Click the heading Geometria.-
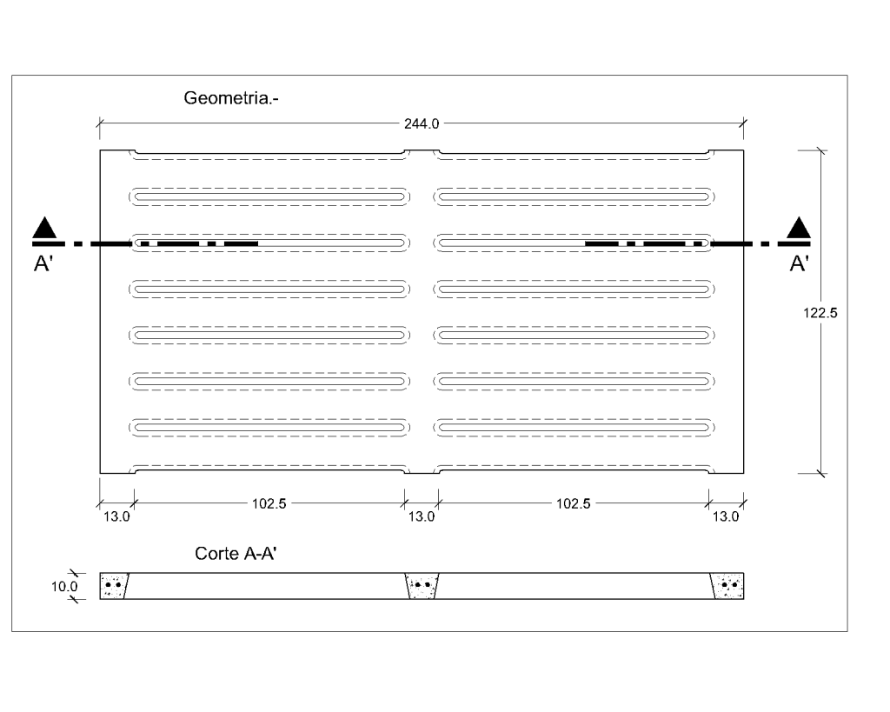(231, 98)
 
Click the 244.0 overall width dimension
(422, 123)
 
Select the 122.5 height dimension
(820, 313)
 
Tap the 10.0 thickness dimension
(64, 587)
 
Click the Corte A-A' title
(236, 554)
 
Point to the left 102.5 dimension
(269, 503)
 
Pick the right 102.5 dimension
(574, 503)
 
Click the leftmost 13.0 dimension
(116, 516)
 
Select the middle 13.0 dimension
(422, 516)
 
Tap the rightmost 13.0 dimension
(726, 516)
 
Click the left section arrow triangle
(44, 228)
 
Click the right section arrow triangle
(799, 228)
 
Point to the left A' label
(43, 264)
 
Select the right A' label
(800, 264)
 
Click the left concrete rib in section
(114, 586)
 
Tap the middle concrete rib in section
(422, 586)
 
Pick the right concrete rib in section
(727, 586)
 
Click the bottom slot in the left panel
(269, 428)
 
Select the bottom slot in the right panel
(574, 428)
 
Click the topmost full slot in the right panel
(574, 197)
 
